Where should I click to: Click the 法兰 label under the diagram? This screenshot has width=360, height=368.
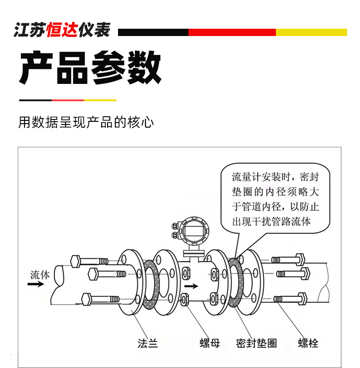[x=148, y=343]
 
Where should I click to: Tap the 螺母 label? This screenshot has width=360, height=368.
[x=210, y=343]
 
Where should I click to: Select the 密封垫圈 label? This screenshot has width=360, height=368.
[x=257, y=343]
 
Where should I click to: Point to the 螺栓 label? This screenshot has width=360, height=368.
[x=308, y=343]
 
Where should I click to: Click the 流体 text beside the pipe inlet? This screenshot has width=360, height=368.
[x=40, y=275]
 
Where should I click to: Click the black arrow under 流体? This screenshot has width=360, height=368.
[x=36, y=284]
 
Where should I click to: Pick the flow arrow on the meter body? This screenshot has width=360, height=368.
[x=191, y=286]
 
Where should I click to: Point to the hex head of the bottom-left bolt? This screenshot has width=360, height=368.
[x=86, y=299]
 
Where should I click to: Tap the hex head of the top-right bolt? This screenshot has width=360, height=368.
[x=300, y=259]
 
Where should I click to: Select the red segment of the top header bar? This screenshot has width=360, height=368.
[x=232, y=32]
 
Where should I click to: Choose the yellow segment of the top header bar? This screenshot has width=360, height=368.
[x=311, y=32]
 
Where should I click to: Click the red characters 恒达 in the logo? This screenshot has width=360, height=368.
[x=62, y=30]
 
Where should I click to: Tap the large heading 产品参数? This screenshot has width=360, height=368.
[x=90, y=67]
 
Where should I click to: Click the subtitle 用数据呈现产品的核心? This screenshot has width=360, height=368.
[x=86, y=122]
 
